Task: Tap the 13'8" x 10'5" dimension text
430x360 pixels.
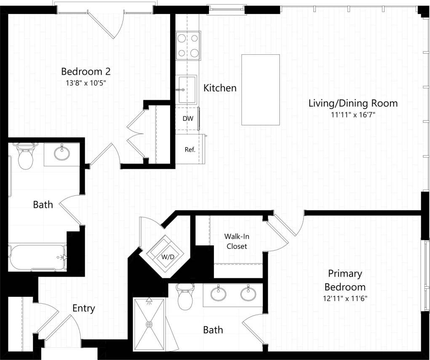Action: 83,83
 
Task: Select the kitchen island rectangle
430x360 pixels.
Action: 260,89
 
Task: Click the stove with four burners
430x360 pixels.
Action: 188,45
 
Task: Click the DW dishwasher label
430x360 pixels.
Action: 188,119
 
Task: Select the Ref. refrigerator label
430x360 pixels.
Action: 190,149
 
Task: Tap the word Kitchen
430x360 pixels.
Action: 220,88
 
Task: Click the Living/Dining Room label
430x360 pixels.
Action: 353,103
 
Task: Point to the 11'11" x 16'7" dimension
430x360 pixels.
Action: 353,115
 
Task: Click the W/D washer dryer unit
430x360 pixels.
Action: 165,256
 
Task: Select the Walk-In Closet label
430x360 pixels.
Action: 237,241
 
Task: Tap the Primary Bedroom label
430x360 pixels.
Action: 345,280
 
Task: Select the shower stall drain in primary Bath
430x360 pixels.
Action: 149,324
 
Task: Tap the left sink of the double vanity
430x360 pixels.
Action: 218,293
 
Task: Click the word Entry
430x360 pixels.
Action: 83,308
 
